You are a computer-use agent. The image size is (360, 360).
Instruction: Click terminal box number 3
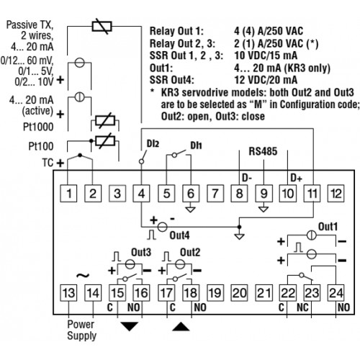point(117,194)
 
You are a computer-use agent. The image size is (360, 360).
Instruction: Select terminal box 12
point(336,194)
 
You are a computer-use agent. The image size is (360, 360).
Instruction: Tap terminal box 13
point(68,293)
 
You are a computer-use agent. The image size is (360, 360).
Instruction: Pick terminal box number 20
point(239,293)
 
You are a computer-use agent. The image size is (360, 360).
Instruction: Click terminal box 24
point(336,293)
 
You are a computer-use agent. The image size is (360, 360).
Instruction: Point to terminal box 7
point(215,194)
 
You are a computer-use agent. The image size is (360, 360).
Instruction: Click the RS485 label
point(263,151)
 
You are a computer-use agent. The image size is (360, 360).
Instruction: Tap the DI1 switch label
point(196,145)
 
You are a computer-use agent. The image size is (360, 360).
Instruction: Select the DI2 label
point(153,144)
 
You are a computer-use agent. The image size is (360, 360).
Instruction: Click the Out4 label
point(179,235)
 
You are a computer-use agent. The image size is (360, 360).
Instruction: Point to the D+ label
point(296,178)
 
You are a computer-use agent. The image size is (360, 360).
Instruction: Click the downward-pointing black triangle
point(130,326)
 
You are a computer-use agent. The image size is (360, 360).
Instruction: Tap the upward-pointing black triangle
point(181,326)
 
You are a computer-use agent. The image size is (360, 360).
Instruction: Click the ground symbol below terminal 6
point(191,210)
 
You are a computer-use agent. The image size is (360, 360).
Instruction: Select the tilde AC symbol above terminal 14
point(83,276)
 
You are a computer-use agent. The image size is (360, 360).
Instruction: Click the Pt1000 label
point(38,127)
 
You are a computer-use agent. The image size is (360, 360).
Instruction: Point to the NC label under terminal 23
point(302,307)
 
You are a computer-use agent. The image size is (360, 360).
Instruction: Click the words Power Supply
point(81,330)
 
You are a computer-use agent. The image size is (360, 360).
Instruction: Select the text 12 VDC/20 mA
point(266,80)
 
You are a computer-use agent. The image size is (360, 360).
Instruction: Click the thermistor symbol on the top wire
point(102,27)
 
